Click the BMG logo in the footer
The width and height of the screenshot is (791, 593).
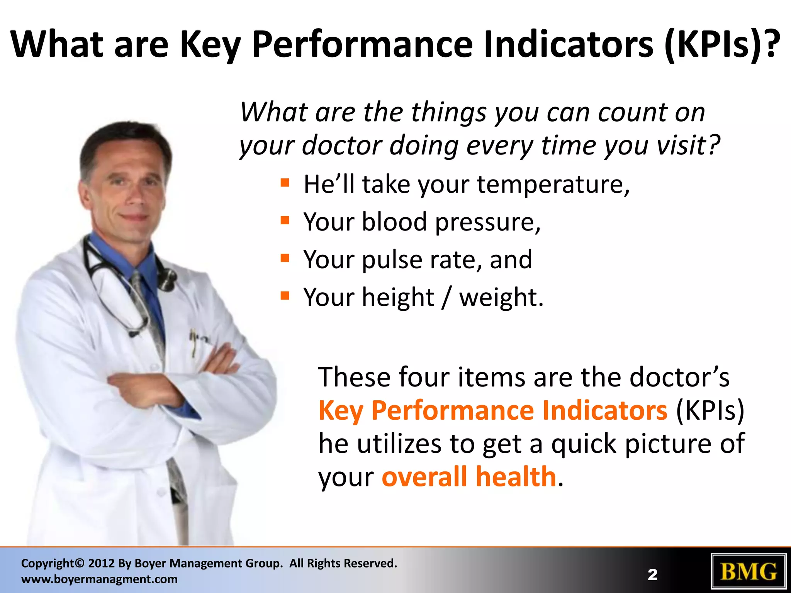click(x=749, y=572)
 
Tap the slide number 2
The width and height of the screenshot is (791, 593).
click(x=652, y=575)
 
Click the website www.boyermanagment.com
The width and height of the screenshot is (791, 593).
click(x=99, y=579)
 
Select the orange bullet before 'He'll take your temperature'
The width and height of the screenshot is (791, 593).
click(x=285, y=183)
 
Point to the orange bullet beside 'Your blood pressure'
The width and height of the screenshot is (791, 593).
click(x=285, y=220)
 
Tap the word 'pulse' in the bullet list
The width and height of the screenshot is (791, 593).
click(x=392, y=260)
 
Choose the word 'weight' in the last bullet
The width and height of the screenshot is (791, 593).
click(x=501, y=298)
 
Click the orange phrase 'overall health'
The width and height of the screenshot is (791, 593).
click(x=469, y=477)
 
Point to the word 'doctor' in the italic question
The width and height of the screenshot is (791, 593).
click(x=343, y=146)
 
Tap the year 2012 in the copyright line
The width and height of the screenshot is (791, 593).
click(x=101, y=563)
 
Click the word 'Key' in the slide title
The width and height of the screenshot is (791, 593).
click(x=210, y=44)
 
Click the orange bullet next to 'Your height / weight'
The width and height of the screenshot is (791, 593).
click(x=285, y=296)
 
